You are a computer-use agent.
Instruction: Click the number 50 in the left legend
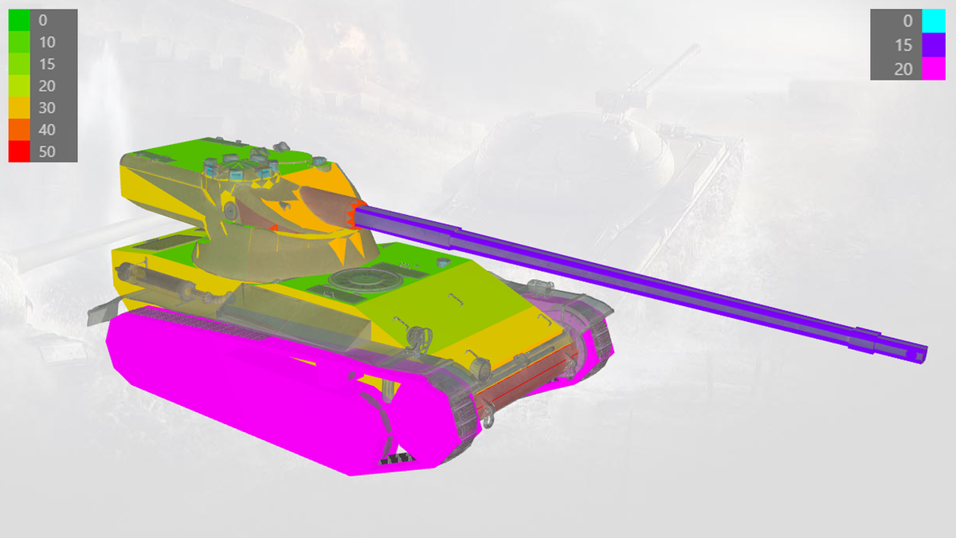tap(47, 151)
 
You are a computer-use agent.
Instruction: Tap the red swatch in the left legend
tap(19, 151)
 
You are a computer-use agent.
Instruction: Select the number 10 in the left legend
tap(47, 42)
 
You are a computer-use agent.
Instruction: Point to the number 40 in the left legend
tap(47, 130)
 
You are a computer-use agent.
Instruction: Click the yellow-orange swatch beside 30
tap(19, 108)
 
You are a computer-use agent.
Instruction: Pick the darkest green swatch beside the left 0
tap(19, 20)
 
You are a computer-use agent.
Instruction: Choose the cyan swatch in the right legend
tap(934, 21)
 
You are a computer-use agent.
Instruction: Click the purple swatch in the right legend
tap(934, 45)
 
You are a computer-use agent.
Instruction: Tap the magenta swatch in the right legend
tap(934, 69)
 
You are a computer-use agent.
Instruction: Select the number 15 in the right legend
tap(903, 45)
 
